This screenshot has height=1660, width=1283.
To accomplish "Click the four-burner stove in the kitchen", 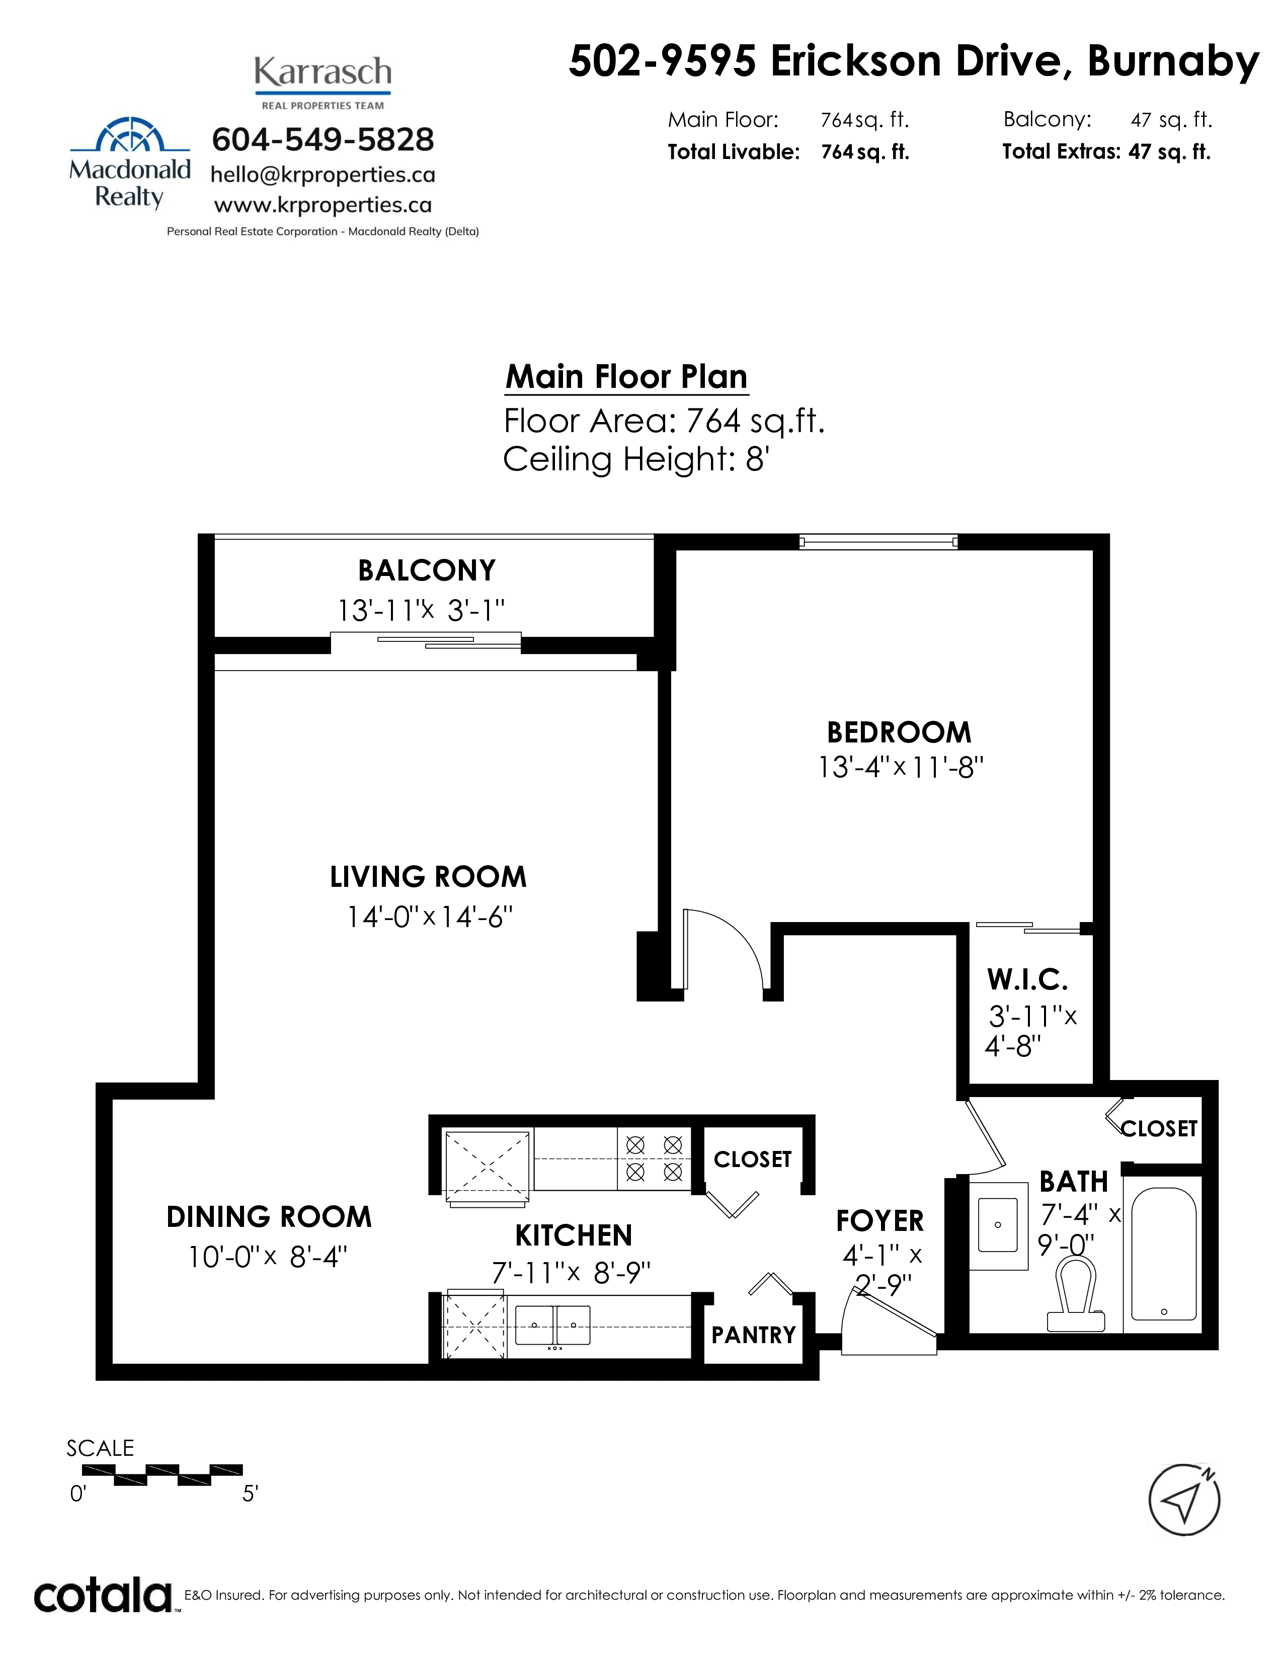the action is tap(654, 1158).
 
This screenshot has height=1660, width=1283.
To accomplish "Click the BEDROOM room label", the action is tap(899, 733).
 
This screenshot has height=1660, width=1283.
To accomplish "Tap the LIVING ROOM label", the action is tap(428, 877).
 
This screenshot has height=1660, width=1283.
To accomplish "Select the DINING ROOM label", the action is tap(269, 1217).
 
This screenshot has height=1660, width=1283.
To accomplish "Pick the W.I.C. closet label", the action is tap(1027, 980).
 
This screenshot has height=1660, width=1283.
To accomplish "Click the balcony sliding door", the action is tap(426, 641).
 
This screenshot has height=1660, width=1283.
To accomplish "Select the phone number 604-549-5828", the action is tap(323, 139).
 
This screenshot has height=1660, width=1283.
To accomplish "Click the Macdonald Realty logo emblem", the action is tap(130, 135).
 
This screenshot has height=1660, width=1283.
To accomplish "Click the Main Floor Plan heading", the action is tap(627, 377).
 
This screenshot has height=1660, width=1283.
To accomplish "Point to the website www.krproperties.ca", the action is tap(323, 205).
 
